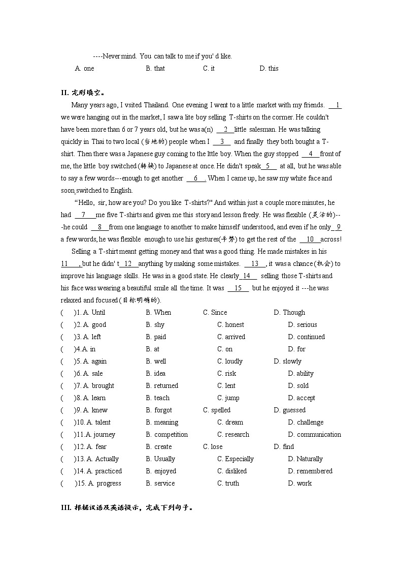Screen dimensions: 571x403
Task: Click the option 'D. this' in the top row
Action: (268, 69)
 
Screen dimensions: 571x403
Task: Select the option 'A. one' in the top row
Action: (84, 69)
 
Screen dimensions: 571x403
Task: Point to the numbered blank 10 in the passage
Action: (310, 239)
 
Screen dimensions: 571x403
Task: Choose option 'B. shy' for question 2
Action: (155, 325)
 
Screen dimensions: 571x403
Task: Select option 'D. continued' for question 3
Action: (306, 337)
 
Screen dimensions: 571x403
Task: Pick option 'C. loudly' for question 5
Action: (230, 362)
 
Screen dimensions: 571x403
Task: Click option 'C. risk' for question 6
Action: (226, 374)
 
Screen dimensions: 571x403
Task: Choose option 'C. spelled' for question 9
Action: (217, 410)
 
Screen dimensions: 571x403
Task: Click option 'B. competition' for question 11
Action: (166, 435)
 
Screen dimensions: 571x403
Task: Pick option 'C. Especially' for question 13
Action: (235, 459)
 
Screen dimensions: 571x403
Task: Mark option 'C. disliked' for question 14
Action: (231, 471)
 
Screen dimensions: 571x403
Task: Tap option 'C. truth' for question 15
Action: (228, 484)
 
